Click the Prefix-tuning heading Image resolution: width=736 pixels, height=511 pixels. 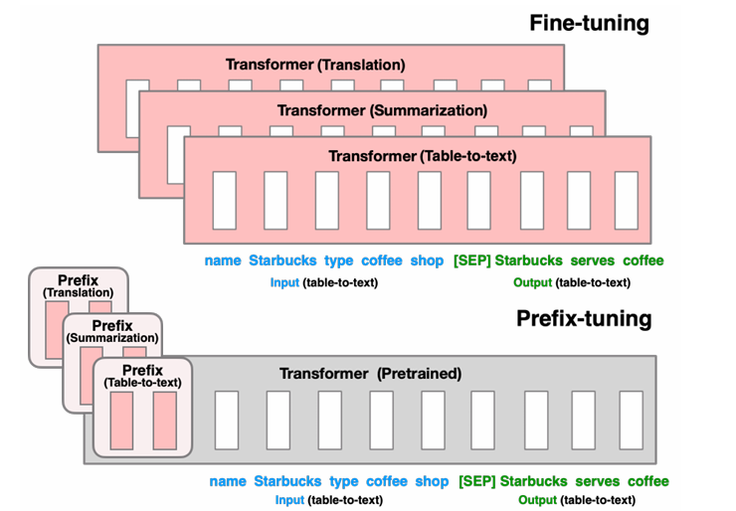(x=584, y=319)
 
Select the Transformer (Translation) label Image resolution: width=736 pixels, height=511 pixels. (x=315, y=65)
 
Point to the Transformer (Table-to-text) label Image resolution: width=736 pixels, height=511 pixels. (x=423, y=156)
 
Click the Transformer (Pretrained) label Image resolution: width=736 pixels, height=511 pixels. (x=371, y=374)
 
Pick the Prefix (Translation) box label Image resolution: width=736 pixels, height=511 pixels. (x=78, y=286)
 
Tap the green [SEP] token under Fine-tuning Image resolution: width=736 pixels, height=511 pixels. (x=470, y=260)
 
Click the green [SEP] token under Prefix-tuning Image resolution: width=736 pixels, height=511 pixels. (x=476, y=481)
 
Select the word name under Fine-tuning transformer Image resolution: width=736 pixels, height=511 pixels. (x=223, y=260)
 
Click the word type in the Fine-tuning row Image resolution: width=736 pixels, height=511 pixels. (x=339, y=260)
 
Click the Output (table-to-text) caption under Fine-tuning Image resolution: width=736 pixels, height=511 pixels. (x=571, y=282)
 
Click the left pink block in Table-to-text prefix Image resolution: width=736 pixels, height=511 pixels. (x=121, y=421)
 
